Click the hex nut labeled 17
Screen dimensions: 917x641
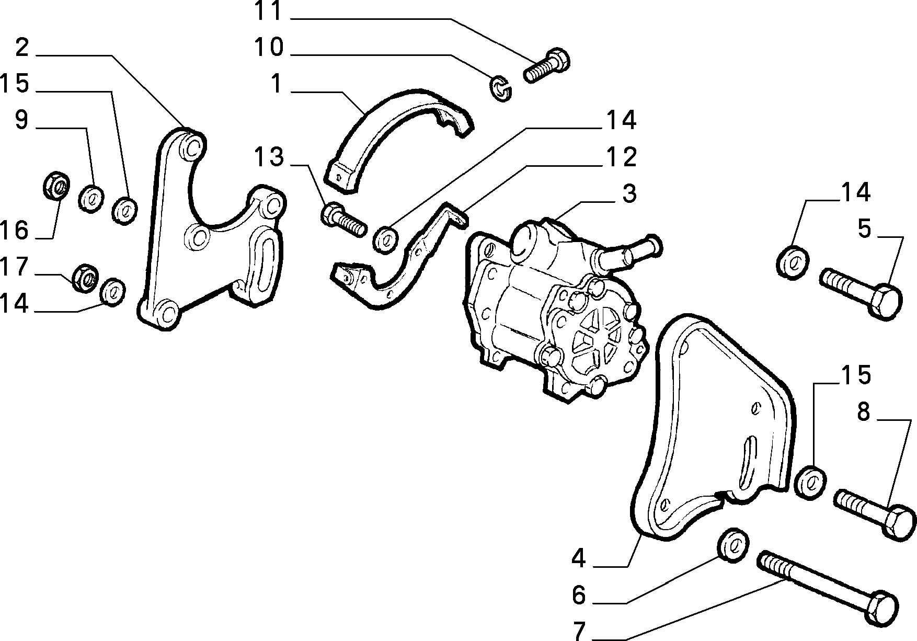(x=84, y=277)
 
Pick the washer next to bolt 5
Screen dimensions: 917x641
(x=793, y=261)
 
